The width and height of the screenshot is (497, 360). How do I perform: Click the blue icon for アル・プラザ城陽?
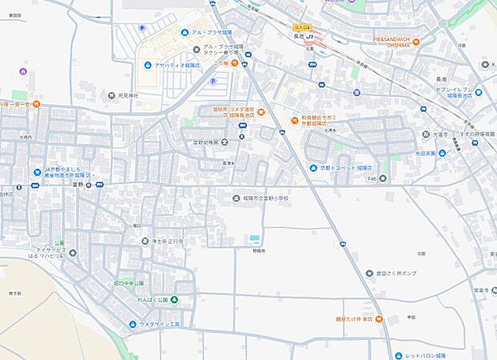(x=185, y=32)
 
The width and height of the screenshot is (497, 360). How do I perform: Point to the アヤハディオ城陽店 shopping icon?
(x=147, y=66)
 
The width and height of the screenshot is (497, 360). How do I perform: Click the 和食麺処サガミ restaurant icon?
(x=294, y=122)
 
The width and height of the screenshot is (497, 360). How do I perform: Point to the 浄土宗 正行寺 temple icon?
(x=134, y=241)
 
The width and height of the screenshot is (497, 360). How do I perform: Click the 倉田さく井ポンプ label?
(x=396, y=273)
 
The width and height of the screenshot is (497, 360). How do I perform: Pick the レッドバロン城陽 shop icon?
(x=398, y=355)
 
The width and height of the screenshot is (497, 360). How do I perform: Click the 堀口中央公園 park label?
(x=128, y=283)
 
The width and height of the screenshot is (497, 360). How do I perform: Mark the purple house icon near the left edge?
(x=22, y=71)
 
